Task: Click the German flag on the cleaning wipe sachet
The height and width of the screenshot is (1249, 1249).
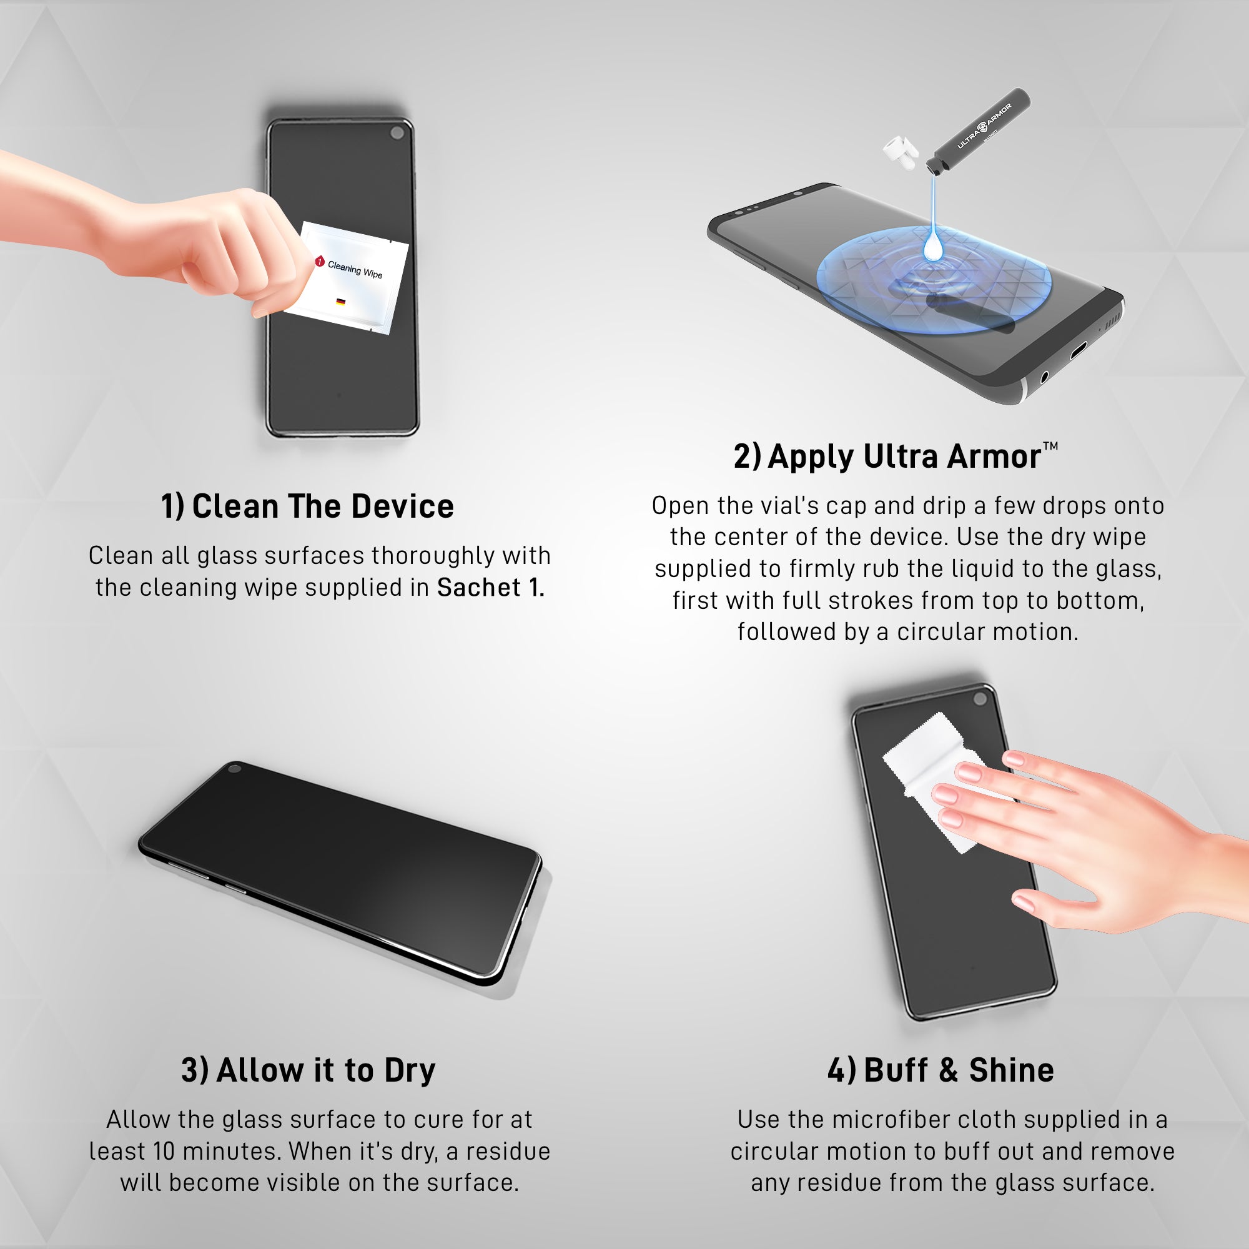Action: click(x=341, y=302)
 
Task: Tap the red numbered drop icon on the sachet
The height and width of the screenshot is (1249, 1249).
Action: click(x=319, y=261)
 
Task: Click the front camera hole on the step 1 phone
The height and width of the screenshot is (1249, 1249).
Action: click(x=397, y=133)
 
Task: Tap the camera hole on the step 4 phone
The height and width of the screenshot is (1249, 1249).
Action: click(x=980, y=699)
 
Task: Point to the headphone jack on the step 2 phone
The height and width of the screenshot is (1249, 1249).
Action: click(x=1044, y=375)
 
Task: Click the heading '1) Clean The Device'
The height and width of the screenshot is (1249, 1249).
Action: click(x=307, y=506)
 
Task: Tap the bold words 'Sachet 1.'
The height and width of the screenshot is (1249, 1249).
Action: click(x=491, y=588)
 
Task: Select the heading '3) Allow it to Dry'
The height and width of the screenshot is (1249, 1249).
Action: click(x=308, y=1070)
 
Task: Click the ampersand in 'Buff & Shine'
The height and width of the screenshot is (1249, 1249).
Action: click(x=948, y=1070)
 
